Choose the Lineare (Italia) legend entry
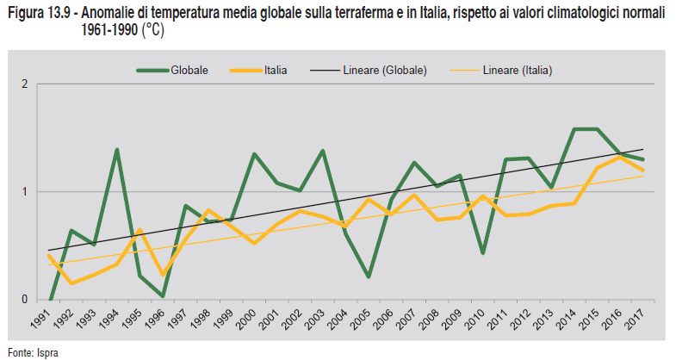tap(517, 70)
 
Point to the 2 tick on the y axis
tap(26, 84)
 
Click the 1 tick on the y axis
tap(26, 192)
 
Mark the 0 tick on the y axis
tap(26, 300)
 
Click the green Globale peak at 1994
tap(116, 150)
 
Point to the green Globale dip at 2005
tap(368, 276)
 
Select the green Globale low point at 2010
tap(482, 253)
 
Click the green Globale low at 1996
tap(162, 296)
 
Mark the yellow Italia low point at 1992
tap(71, 283)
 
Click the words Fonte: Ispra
tap(34, 351)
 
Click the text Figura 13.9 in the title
tap(35, 13)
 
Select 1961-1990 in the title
tap(99, 29)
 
